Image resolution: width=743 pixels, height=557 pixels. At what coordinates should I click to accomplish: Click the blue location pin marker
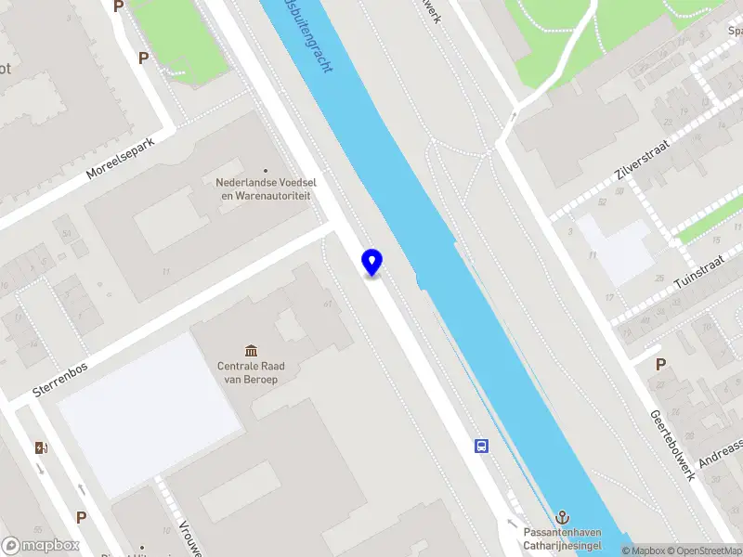point(371,263)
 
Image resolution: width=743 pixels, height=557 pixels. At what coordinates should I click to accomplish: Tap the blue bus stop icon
point(482,447)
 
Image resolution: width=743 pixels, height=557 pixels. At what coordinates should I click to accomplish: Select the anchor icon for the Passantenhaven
point(562,516)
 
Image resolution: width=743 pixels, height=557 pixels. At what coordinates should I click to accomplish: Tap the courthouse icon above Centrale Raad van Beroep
point(250,350)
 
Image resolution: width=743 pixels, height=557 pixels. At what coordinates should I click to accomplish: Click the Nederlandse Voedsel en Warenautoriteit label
point(264,189)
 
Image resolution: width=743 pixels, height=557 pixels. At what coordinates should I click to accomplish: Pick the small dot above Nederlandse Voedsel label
point(266,171)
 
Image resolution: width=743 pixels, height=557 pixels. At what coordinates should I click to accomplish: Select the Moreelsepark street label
point(132,159)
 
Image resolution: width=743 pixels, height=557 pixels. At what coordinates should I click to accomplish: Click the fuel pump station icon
point(41,448)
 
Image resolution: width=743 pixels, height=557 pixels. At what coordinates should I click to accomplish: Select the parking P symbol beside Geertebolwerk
point(660,365)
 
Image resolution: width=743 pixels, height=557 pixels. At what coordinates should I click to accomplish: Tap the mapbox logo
point(41,546)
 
